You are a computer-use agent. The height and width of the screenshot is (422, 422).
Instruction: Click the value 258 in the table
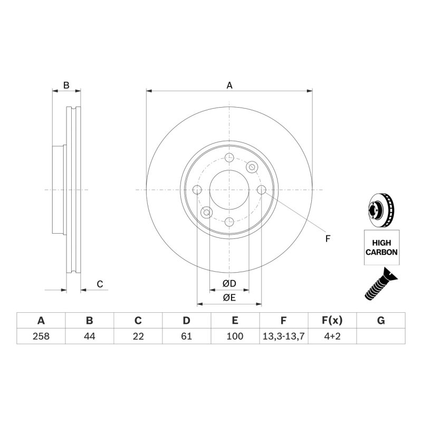[x=41, y=336]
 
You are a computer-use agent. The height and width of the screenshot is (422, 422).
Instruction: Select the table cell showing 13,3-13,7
[x=283, y=336]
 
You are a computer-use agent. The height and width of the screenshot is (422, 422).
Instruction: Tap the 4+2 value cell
[x=332, y=336]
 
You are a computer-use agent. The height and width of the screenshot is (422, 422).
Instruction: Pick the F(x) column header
[x=332, y=321]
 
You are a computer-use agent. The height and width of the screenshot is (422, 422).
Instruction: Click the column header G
[x=381, y=321]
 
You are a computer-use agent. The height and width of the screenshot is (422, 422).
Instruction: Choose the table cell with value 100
[x=235, y=336]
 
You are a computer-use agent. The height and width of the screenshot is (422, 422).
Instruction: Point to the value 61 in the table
[x=186, y=336]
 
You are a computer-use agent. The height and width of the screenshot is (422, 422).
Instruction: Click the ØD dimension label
[x=229, y=283]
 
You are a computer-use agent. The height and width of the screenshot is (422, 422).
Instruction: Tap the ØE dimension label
[x=229, y=298]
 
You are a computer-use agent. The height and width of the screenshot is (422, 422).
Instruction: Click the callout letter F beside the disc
[x=328, y=238]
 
